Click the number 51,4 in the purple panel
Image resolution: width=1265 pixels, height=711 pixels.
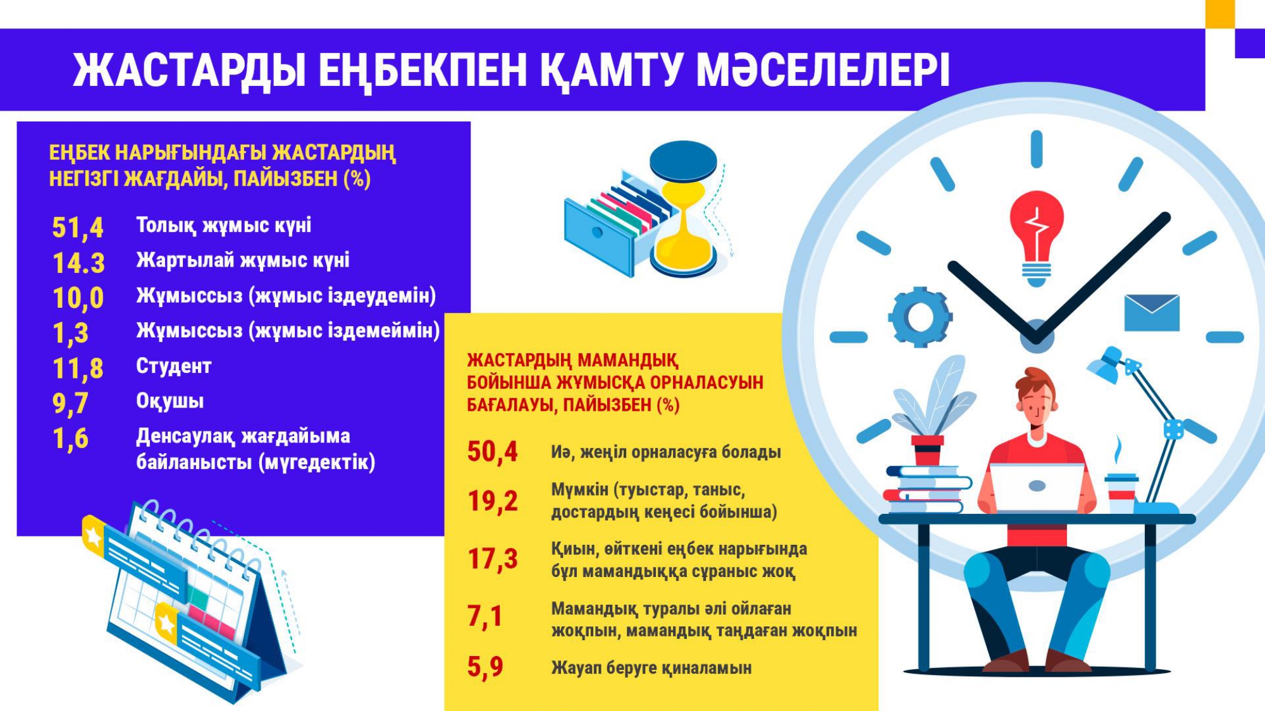[77, 228]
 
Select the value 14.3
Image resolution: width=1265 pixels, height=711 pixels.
[78, 263]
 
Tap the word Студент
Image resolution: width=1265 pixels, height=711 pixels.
[174, 366]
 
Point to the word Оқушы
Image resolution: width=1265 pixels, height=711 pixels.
[170, 401]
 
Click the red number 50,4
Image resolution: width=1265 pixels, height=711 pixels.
[492, 452]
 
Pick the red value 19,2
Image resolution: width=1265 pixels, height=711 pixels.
[493, 501]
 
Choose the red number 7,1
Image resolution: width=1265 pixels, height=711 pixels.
[484, 616]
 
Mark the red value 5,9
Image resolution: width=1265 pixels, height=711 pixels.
[485, 667]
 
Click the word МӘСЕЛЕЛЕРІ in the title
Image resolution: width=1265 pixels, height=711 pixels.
[823, 70]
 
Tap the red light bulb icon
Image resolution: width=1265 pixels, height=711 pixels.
[1036, 237]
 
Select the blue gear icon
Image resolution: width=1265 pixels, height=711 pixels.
[920, 317]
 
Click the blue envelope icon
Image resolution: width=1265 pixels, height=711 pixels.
[1152, 313]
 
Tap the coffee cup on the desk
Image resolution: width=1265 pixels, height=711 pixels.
[1121, 494]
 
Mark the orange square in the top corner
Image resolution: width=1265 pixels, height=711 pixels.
[1220, 13]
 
